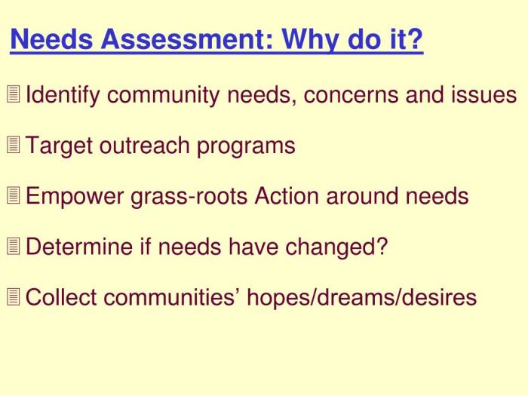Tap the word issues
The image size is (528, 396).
pyautogui.click(x=486, y=96)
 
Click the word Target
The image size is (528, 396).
pyautogui.click(x=59, y=146)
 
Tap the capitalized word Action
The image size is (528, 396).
pyautogui.click(x=287, y=197)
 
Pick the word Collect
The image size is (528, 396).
pyautogui.click(x=62, y=297)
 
